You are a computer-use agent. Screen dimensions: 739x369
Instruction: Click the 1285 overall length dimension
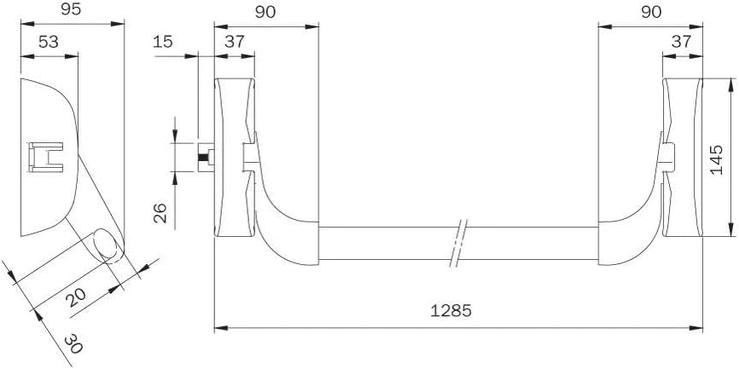pyautogui.click(x=451, y=311)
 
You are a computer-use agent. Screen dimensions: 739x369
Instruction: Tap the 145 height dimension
pyautogui.click(x=716, y=160)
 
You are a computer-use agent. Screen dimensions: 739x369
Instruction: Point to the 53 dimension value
pyautogui.click(x=48, y=42)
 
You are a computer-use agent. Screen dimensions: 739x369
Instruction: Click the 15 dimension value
pyautogui.click(x=163, y=42)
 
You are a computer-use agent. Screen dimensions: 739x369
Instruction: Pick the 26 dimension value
pyautogui.click(x=160, y=213)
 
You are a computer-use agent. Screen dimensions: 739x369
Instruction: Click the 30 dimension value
pyautogui.click(x=73, y=343)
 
